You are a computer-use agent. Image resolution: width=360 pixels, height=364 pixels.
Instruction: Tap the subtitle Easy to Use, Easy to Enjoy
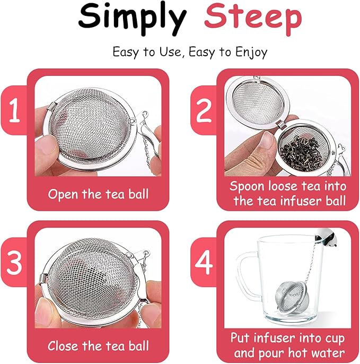[x=189, y=52]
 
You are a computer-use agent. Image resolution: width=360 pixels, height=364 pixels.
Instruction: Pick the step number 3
[x=15, y=264]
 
